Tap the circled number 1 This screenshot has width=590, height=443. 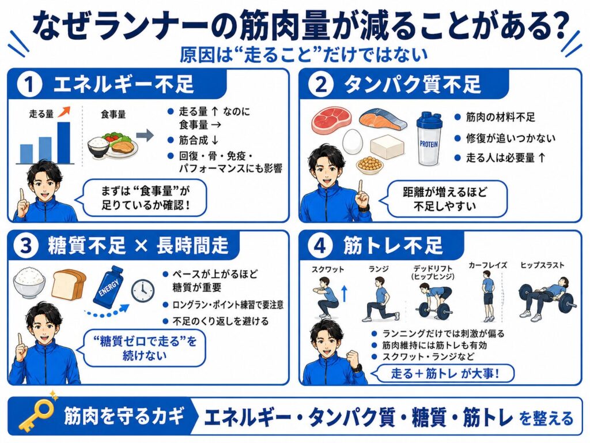(29, 84)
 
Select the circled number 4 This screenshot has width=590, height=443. (320, 246)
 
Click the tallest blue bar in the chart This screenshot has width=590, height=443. (63, 143)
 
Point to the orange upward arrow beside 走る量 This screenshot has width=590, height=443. (65, 111)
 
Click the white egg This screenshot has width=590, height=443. (353, 142)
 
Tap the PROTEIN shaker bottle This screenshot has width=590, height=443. (429, 138)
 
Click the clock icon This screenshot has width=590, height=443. (143, 291)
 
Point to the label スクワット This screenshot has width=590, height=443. (328, 269)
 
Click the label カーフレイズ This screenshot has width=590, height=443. (487, 265)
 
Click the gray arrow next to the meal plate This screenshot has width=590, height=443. (145, 136)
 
